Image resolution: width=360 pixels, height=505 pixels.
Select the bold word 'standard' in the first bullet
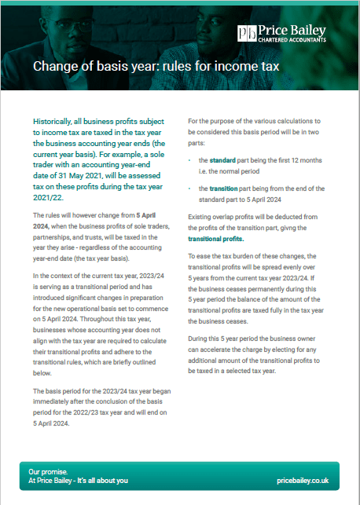click(224, 160)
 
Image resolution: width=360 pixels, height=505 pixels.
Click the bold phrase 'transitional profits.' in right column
click(215, 239)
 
